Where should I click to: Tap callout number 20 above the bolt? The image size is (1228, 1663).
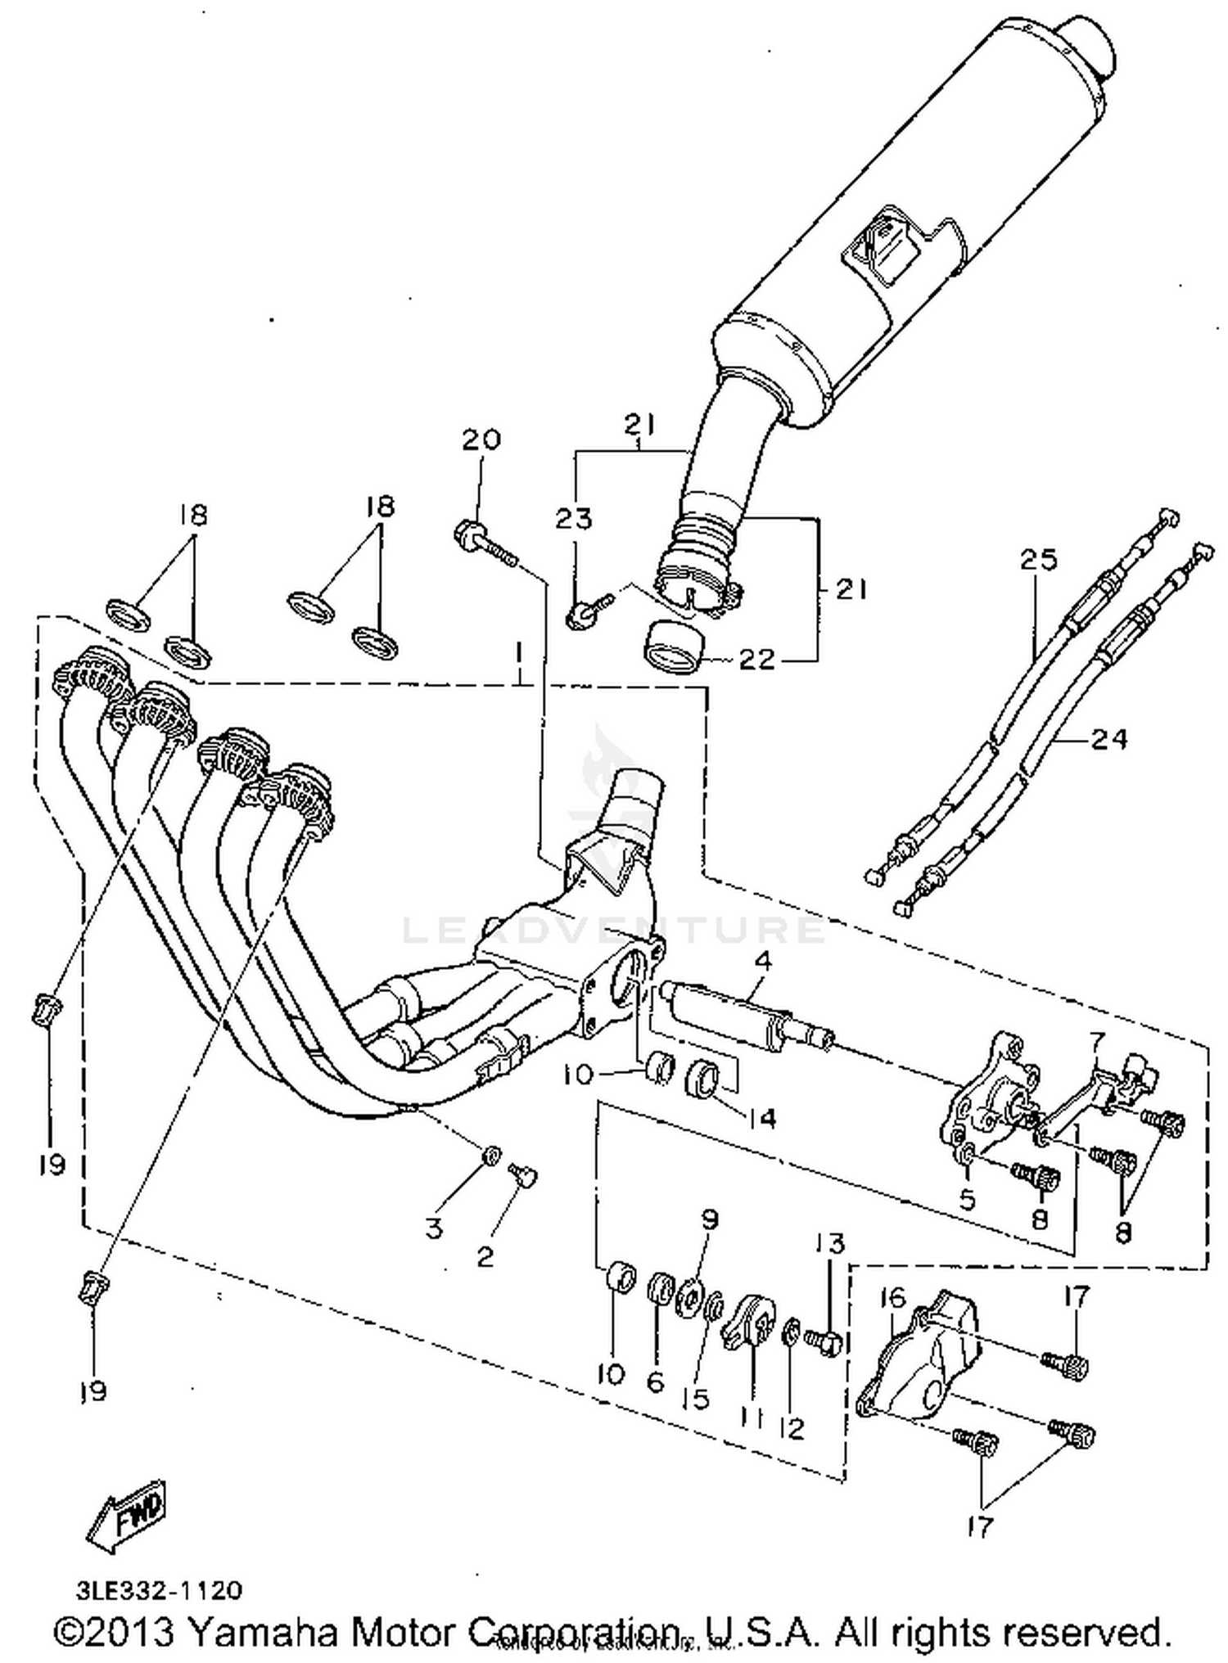481,439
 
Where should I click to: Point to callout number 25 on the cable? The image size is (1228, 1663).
1038,560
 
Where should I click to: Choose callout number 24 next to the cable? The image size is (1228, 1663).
1109,739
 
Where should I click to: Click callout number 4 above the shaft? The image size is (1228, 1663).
762,962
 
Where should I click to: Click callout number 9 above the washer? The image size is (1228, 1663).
709,1220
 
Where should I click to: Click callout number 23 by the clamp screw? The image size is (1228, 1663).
574,518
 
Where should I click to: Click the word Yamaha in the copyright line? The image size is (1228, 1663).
262,1630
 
